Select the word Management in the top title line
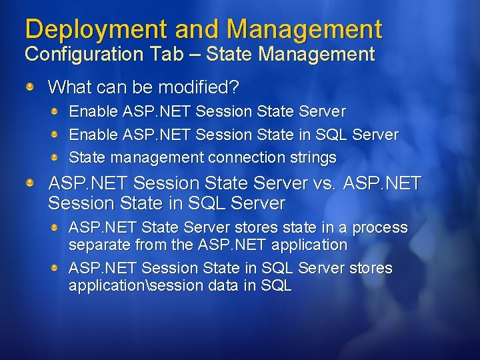pos(304,29)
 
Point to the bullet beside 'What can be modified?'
pos(31,87)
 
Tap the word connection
pos(245,158)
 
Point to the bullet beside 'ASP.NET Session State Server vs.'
pos(31,182)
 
